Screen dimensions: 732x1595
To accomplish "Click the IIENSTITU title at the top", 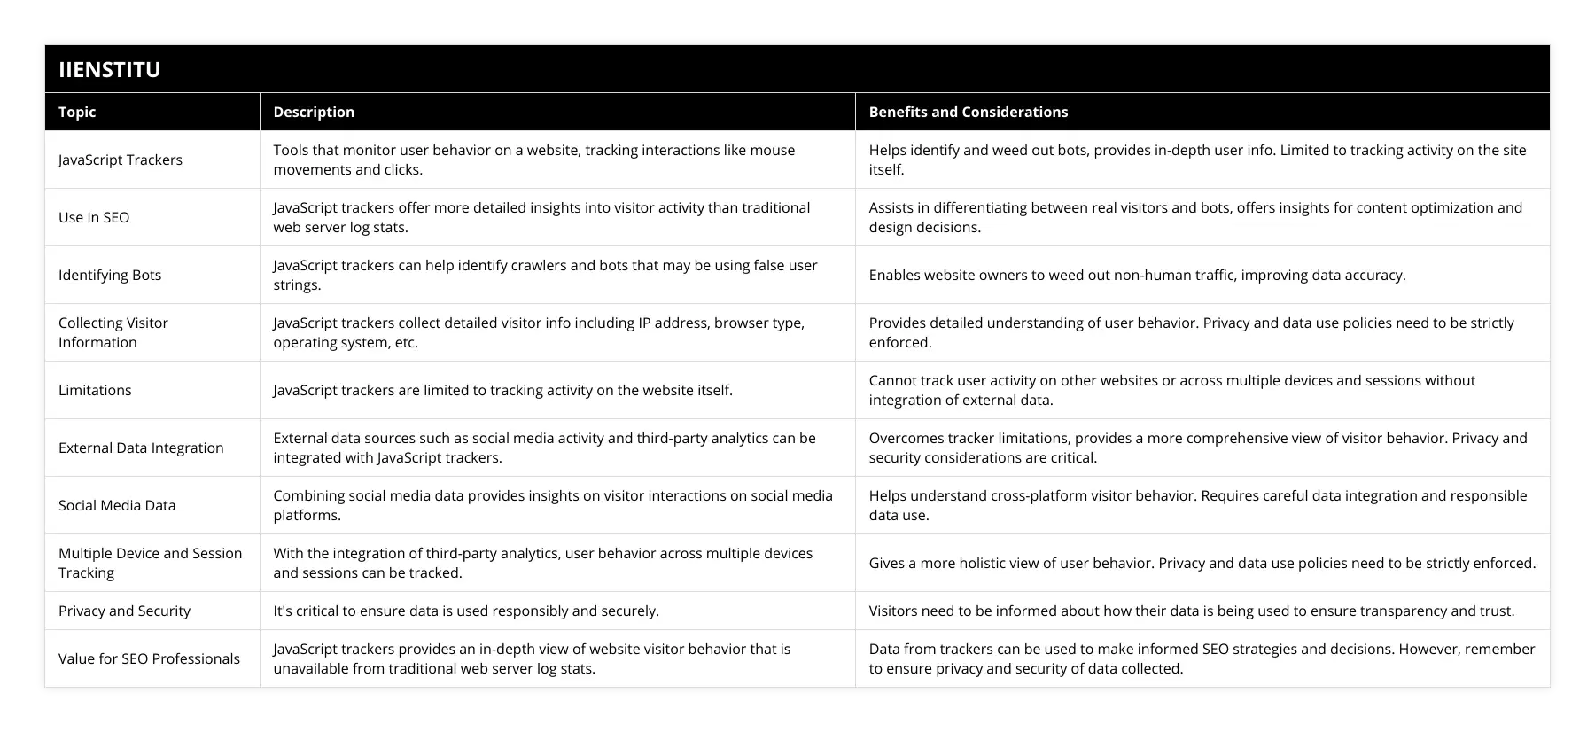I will point(110,69).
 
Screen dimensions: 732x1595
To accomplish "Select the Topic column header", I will point(77,112).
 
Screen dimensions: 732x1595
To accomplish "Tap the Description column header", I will point(314,112).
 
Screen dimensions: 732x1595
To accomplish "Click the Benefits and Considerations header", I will point(968,112).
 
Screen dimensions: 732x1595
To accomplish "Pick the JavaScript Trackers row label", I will point(121,160).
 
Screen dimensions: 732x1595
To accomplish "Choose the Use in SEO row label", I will point(94,217).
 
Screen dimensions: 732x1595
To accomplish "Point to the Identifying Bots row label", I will point(110,275).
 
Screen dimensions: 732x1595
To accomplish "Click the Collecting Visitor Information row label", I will point(113,332).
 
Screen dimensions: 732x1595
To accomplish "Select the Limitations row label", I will point(95,390).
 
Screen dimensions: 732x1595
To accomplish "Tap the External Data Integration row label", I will point(141,448).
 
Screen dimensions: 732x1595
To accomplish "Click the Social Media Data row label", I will point(117,505).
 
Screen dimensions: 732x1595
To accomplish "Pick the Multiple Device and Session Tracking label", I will point(150,563).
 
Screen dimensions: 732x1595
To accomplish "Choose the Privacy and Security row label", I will point(124,611).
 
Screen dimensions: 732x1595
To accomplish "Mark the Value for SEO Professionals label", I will point(149,658).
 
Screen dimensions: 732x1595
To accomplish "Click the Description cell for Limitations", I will point(502,390).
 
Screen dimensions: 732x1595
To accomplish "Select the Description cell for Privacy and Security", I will point(466,611).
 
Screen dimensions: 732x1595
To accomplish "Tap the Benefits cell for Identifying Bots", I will point(1137,275).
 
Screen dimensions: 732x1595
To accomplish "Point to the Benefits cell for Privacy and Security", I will point(1191,611).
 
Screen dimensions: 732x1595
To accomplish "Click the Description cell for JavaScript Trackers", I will point(533,160).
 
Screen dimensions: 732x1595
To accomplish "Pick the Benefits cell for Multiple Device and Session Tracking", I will point(1202,563).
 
